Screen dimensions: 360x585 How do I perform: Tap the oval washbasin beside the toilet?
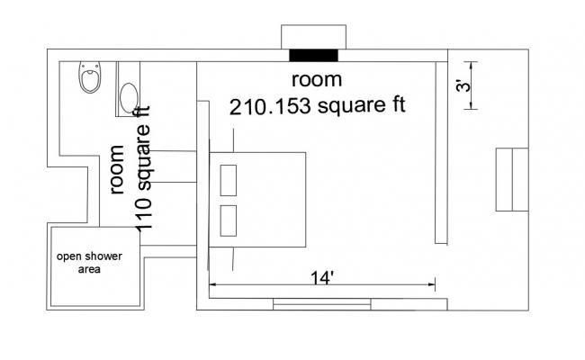129,96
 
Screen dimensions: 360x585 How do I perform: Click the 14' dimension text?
321,277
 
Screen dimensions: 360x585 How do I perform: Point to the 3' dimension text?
461,86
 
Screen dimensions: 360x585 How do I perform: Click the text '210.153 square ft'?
317,106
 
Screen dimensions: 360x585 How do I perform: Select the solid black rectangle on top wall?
314,56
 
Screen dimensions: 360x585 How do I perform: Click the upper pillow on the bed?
228,178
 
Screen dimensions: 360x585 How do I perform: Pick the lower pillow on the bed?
228,220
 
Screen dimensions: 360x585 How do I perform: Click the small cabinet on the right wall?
512,178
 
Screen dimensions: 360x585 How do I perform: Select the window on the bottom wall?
321,304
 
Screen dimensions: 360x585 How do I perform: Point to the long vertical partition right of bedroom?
441,151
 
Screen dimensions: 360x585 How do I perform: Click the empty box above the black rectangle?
314,38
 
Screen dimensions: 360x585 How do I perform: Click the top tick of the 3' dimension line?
469,61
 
